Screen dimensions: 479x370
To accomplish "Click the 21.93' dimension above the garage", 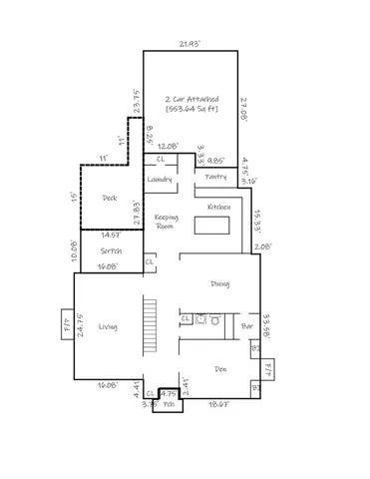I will click(189, 44).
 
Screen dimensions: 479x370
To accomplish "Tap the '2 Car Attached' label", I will click(192, 100).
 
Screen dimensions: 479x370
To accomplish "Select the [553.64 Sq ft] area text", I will click(192, 110).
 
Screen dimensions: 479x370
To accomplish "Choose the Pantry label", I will click(215, 177).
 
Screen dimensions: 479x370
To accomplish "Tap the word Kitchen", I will click(219, 207).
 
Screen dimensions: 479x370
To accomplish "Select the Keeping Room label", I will click(166, 222).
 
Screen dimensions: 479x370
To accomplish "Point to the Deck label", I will click(110, 198).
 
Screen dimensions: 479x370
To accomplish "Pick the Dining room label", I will click(220, 284).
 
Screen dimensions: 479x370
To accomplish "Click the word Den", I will click(220, 369).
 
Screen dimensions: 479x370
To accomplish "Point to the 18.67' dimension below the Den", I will click(219, 404).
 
